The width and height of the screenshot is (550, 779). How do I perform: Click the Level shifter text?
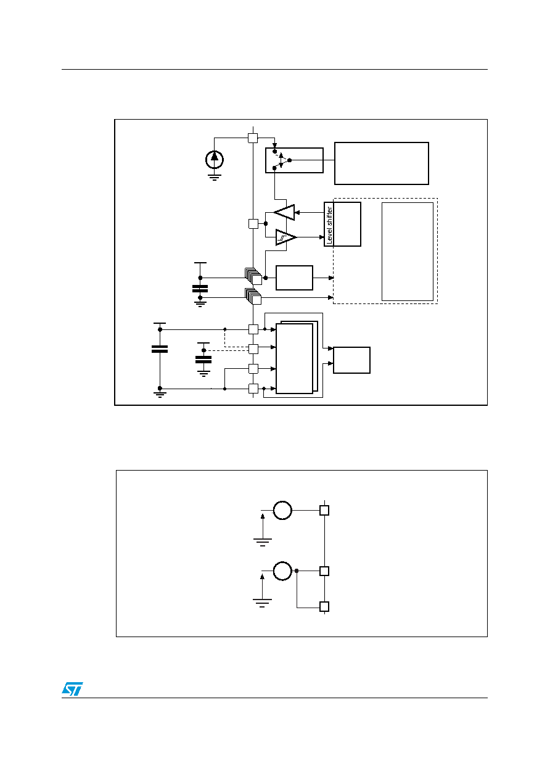click(x=329, y=225)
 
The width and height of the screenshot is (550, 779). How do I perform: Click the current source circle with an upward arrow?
click(x=214, y=160)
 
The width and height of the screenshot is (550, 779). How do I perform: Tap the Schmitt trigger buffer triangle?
click(x=285, y=237)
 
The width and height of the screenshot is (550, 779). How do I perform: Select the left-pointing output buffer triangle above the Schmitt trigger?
click(x=284, y=212)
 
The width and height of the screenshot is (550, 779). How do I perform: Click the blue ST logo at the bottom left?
click(x=72, y=688)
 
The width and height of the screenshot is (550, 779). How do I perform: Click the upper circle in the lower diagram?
click(x=282, y=510)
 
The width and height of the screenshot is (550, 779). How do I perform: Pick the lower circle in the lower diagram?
click(x=282, y=571)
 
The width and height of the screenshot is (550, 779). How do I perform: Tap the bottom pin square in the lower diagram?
click(x=324, y=606)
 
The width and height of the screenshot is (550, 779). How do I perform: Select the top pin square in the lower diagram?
click(x=324, y=510)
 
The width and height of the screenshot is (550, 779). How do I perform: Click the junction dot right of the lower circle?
click(x=297, y=571)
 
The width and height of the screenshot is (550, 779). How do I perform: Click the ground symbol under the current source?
click(x=214, y=178)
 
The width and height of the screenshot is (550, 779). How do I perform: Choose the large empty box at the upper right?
click(x=382, y=163)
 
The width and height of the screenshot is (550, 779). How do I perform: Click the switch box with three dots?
click(x=294, y=160)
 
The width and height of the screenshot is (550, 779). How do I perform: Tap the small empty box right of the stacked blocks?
click(x=351, y=360)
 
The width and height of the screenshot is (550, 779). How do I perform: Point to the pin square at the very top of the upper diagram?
click(x=253, y=138)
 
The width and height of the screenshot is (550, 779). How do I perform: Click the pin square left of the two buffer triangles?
click(x=253, y=224)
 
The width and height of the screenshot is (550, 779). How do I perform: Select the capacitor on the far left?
click(x=160, y=349)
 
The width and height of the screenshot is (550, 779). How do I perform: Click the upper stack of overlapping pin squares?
click(x=253, y=276)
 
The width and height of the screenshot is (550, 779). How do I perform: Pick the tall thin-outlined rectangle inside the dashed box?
click(x=408, y=252)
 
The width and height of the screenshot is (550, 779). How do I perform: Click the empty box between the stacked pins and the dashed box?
click(x=294, y=278)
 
